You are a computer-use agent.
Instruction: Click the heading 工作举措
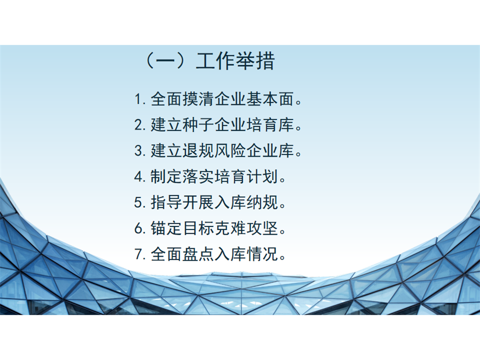pyautogui.click(x=235, y=61)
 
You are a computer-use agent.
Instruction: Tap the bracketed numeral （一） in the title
pyautogui.click(x=166, y=61)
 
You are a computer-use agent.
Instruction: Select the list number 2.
pyautogui.click(x=138, y=125)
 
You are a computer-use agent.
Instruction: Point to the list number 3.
pyautogui.click(x=138, y=151)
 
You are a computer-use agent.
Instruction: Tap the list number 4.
pyautogui.click(x=138, y=177)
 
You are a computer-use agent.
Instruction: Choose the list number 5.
pyautogui.click(x=138, y=203)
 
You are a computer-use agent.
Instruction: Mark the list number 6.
pyautogui.click(x=138, y=228)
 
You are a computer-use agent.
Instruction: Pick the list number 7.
pyautogui.click(x=138, y=254)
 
